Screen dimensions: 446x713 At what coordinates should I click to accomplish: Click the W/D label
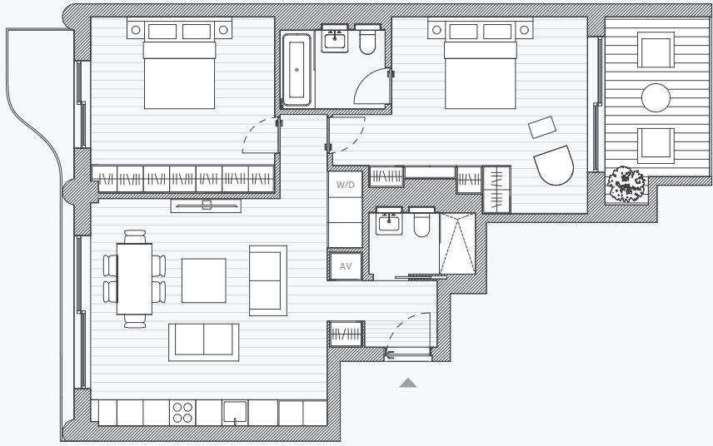(346, 185)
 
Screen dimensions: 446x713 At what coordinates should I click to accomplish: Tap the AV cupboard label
(346, 266)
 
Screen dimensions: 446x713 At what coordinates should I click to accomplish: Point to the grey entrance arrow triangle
(408, 383)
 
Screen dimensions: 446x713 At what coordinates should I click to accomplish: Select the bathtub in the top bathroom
(296, 70)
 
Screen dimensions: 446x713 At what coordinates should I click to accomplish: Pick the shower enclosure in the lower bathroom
(456, 243)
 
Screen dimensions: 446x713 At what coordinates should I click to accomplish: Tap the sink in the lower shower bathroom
(389, 222)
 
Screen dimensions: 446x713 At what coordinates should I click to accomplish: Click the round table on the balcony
(656, 98)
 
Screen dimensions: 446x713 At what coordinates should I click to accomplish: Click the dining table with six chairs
(134, 278)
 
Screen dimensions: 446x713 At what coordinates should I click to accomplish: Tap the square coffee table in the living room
(204, 280)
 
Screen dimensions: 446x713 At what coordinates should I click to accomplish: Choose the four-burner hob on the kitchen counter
(182, 413)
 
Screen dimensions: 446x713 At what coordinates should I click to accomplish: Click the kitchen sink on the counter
(236, 413)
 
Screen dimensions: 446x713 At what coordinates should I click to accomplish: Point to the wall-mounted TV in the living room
(207, 203)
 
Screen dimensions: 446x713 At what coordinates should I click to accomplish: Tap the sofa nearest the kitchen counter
(204, 341)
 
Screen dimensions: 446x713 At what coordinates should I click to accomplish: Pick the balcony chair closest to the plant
(656, 146)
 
